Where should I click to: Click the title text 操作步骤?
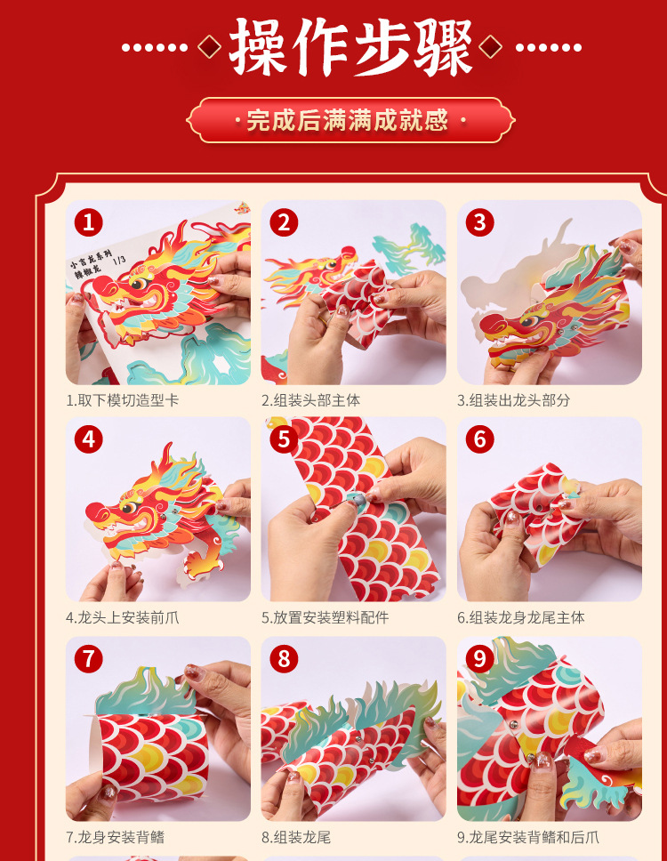(x=351, y=46)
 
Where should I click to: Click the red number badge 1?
(x=87, y=222)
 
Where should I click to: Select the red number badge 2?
(x=284, y=222)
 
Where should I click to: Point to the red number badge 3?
(x=479, y=222)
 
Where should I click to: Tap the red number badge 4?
(x=87, y=439)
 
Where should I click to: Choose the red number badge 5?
(x=284, y=439)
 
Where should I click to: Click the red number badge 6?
(x=479, y=439)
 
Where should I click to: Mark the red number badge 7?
(x=87, y=658)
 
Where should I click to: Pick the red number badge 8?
(x=284, y=658)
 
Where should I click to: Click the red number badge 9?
(x=479, y=658)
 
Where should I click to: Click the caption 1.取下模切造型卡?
(x=122, y=400)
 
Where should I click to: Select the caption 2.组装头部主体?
(x=310, y=400)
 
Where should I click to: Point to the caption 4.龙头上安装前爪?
(x=122, y=617)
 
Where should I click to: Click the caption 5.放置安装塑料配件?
(x=325, y=617)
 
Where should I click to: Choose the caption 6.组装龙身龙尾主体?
(x=520, y=617)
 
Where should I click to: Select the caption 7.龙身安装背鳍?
(x=115, y=837)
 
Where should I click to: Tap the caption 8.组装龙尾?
(x=296, y=837)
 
